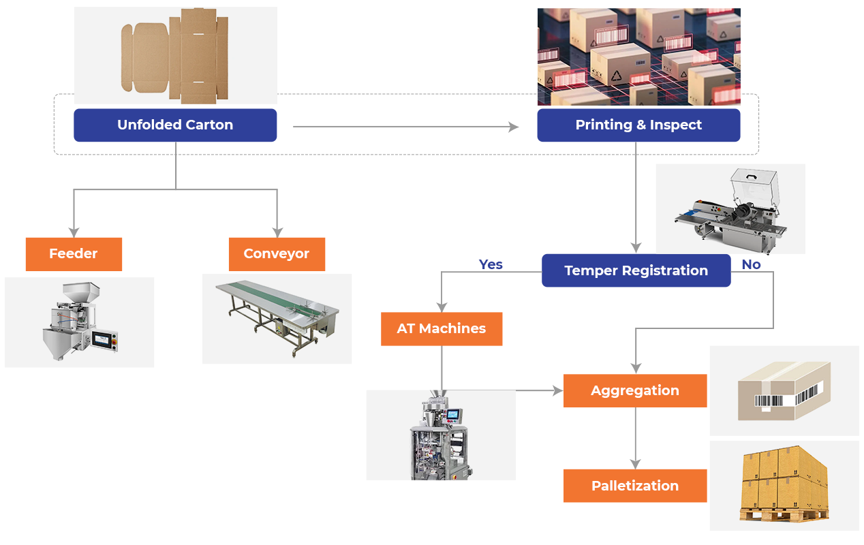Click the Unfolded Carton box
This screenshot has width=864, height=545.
(x=175, y=125)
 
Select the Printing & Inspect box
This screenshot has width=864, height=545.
(x=638, y=125)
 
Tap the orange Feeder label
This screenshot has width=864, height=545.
(x=74, y=254)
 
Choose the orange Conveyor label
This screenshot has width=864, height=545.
(x=277, y=254)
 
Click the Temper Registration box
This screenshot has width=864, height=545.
(x=636, y=270)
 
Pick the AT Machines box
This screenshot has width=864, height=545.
(x=442, y=328)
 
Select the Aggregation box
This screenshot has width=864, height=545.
(x=635, y=390)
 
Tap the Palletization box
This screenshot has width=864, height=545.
(x=635, y=486)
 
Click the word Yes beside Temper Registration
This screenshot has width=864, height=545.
(x=491, y=264)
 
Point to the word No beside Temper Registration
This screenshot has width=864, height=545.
(x=751, y=264)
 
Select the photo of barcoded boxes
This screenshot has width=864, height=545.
(x=638, y=57)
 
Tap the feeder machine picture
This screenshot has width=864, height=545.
(x=79, y=322)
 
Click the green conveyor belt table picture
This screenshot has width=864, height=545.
(x=277, y=319)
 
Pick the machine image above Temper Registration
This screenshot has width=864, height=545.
(x=730, y=208)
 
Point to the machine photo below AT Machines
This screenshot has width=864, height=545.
(x=441, y=435)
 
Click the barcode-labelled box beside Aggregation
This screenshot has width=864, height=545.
(x=784, y=390)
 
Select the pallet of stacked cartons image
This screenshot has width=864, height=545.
(x=784, y=486)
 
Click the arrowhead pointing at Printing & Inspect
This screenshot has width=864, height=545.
(x=514, y=127)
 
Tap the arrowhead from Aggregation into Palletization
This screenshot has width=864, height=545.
(x=636, y=464)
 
